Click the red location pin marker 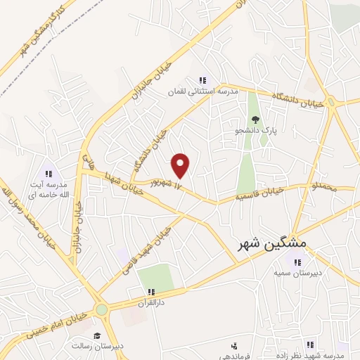181,165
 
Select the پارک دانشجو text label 256,131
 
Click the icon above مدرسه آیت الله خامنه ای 49,173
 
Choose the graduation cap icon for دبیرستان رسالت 97,335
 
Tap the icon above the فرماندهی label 234,345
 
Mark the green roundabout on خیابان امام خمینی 103,308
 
